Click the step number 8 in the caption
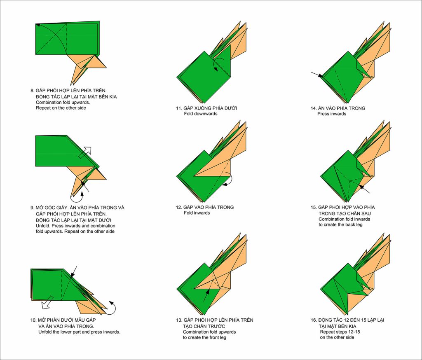[32, 90]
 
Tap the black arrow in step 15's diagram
[364, 189]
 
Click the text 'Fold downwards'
[200, 114]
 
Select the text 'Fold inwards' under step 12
[197, 213]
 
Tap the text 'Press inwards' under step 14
[332, 114]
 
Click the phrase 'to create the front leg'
[205, 337]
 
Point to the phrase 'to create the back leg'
[340, 225]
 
